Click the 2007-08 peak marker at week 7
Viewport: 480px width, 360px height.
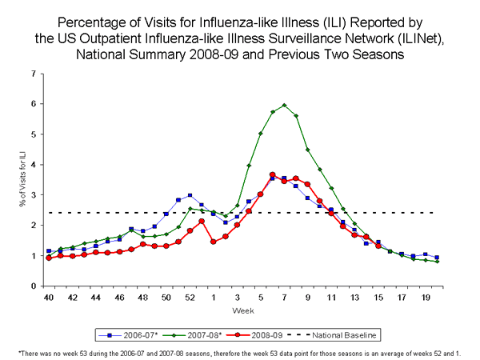[284, 105]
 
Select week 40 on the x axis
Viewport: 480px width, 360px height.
[49, 298]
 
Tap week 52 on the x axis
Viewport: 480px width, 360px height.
[190, 298]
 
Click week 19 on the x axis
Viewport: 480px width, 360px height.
[425, 298]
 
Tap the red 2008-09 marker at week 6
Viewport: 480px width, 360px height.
[272, 174]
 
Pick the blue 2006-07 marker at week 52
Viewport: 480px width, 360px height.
[190, 195]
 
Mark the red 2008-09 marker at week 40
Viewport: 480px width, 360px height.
[49, 258]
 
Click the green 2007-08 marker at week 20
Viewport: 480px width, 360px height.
[437, 262]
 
